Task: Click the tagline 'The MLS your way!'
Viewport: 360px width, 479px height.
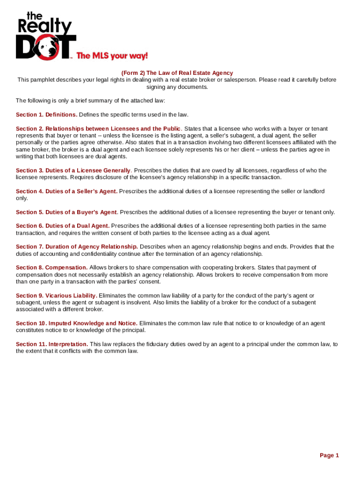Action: pos(112,56)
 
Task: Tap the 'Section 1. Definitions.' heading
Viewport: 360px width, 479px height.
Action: pos(47,115)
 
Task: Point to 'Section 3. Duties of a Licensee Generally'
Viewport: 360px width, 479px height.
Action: pos(73,170)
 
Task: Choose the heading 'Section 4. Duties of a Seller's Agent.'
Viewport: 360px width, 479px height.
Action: pos(66,191)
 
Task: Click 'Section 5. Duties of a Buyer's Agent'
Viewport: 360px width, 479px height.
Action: pos(66,212)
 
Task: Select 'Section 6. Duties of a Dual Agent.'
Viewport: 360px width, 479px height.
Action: pos(63,226)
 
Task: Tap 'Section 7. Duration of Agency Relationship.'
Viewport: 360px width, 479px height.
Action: pos(77,247)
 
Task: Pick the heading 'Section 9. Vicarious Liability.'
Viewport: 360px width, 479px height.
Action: pos(57,296)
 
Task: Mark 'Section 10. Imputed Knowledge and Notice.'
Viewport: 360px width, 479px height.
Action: pos(77,323)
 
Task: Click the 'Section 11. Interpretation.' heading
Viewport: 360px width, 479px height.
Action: pos(52,344)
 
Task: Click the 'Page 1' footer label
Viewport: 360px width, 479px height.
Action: pos(329,455)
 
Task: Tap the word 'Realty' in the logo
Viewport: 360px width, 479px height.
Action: pos(45,27)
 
